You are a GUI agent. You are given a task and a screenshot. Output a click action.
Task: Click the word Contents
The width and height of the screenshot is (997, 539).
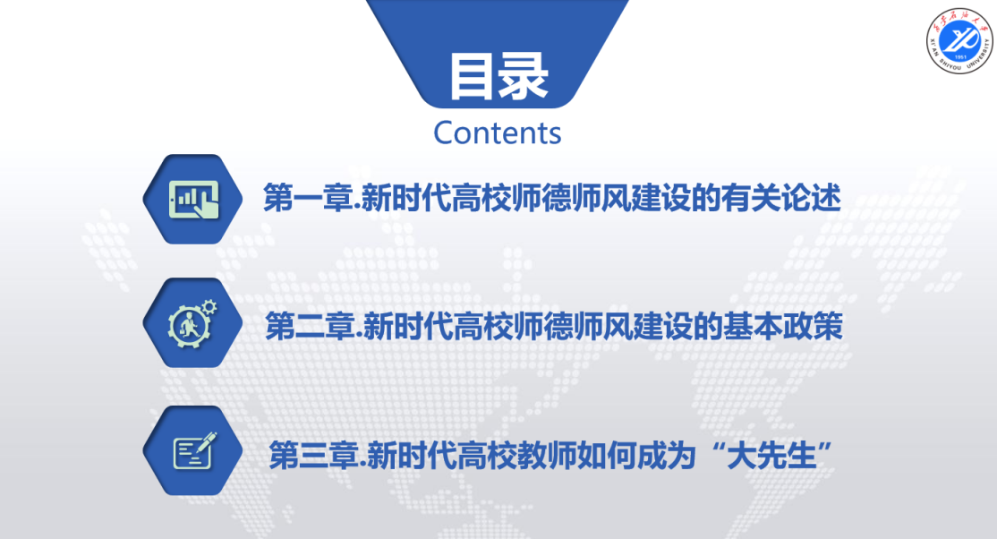[x=498, y=133]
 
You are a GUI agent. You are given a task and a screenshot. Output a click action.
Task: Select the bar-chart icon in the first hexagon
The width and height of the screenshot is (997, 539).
[x=193, y=199]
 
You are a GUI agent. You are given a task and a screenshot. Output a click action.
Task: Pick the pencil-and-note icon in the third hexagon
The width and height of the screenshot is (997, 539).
[x=195, y=450]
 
